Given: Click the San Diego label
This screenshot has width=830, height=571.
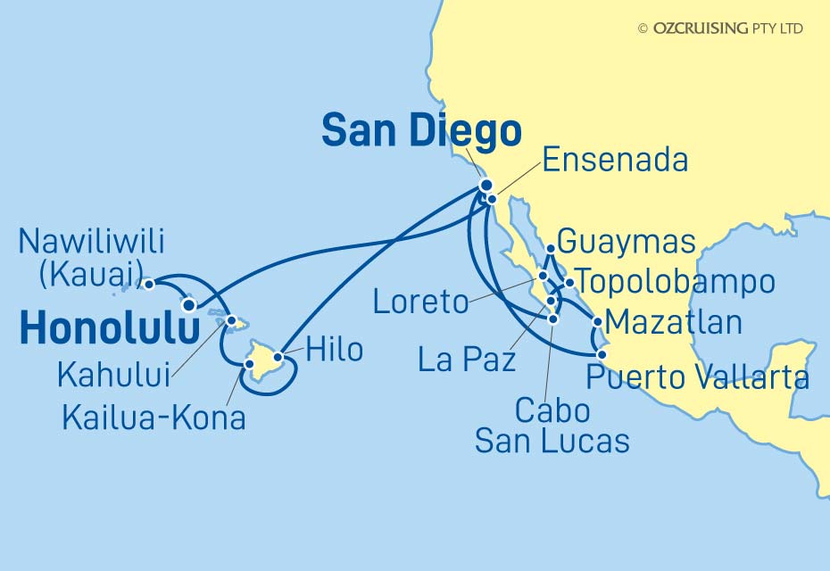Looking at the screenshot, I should (421, 131).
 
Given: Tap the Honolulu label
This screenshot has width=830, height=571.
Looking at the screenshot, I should (109, 328).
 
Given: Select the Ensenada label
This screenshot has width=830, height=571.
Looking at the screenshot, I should (615, 161).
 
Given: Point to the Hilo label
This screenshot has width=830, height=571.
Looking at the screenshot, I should (334, 351).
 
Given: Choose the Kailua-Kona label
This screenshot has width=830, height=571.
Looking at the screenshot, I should (154, 417).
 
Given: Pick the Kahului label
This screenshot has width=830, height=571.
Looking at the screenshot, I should (113, 376).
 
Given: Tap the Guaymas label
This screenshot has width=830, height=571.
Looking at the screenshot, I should (626, 241).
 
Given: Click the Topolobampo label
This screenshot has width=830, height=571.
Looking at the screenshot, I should (676, 283).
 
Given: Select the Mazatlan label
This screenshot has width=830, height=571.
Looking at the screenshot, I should (673, 321).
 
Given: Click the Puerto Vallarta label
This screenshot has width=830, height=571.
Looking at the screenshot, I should (697, 377).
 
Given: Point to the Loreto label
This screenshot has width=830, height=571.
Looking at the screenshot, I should (420, 302).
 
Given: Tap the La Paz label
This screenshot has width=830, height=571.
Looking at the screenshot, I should (468, 360).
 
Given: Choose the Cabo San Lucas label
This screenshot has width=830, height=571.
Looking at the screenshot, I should (552, 425).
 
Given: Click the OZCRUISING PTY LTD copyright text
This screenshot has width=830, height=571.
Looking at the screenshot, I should (720, 29).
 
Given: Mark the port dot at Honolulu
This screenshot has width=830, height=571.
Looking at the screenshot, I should (189, 305).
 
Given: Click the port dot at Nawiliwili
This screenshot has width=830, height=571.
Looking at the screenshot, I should (150, 284).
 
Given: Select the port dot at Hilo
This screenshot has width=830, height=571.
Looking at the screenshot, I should (278, 358).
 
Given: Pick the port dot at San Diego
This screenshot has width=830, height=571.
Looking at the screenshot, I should (486, 186).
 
